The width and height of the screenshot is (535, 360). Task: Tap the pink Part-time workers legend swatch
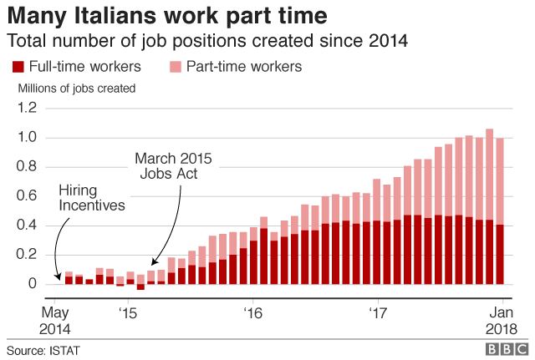[175, 67]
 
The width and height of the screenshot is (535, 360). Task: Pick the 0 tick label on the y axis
[34, 284]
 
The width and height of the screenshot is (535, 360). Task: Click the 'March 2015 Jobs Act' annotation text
[174, 165]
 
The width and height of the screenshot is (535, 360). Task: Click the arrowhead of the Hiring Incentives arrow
[58, 275]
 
